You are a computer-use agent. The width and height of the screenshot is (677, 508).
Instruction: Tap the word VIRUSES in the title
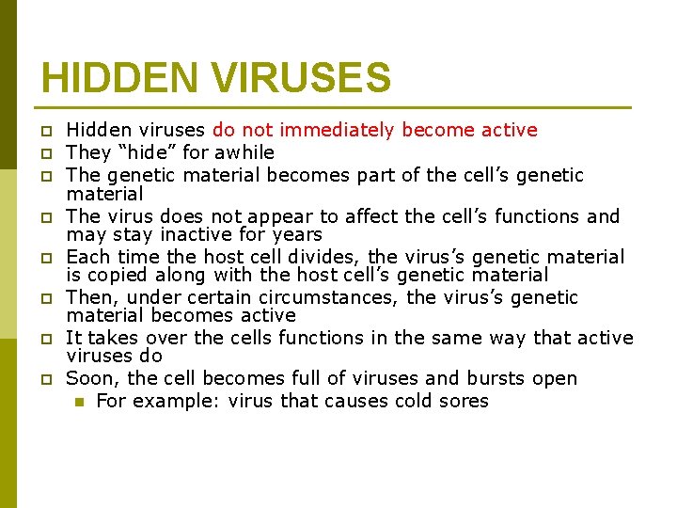tap(301, 78)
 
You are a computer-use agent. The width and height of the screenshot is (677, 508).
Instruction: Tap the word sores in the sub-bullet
tap(464, 401)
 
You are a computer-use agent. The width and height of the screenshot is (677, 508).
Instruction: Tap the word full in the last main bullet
tap(307, 378)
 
